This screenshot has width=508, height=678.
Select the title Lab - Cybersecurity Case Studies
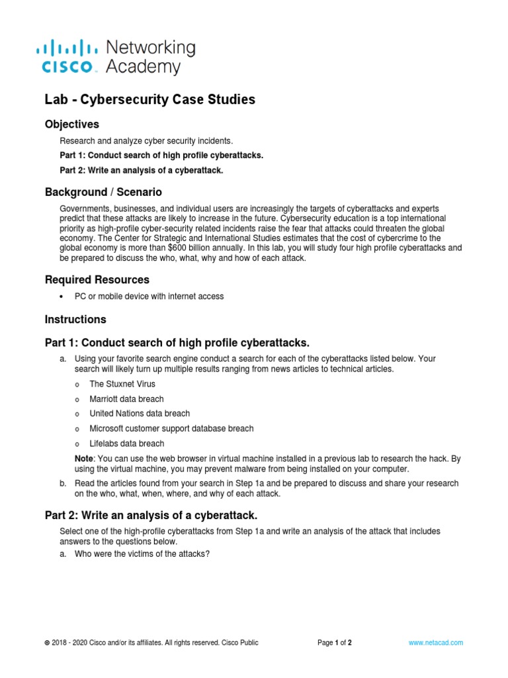[x=149, y=100]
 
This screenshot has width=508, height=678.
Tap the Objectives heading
[x=72, y=124]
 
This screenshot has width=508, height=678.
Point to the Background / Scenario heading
[x=103, y=192]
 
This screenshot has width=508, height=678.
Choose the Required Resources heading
[x=97, y=279]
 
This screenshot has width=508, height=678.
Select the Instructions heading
[x=75, y=319]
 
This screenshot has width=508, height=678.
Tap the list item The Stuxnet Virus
[x=122, y=384]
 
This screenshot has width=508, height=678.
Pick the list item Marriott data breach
[x=126, y=399]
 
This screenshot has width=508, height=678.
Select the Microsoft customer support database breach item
[x=171, y=428]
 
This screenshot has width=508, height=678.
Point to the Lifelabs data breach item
[x=127, y=444]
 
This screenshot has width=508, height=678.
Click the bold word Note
[x=84, y=458]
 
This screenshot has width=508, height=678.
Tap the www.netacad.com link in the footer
[x=436, y=642]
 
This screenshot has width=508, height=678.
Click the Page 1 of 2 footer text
[x=335, y=642]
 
